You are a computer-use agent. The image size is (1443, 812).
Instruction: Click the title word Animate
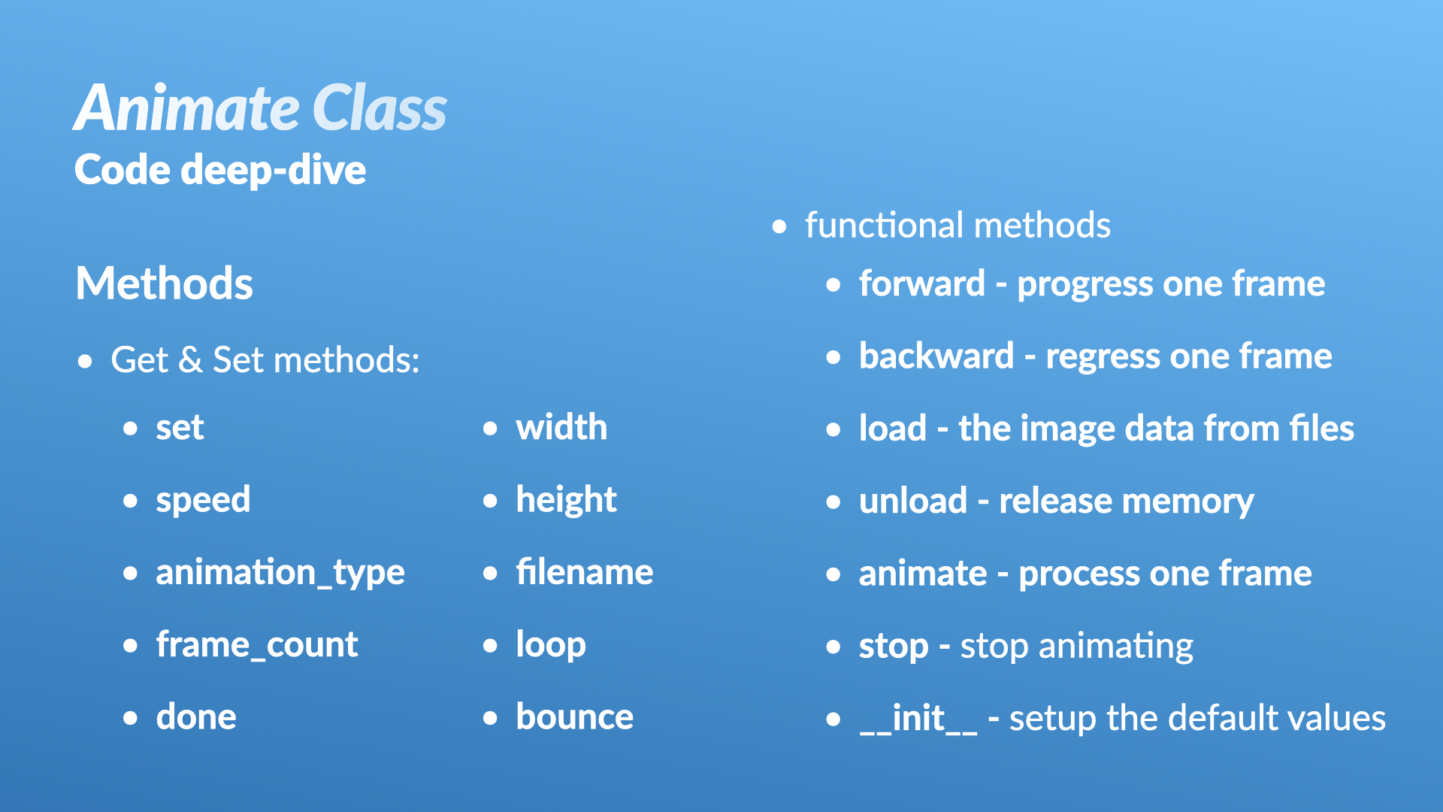pos(186,108)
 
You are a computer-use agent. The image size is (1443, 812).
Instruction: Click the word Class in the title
pos(380,108)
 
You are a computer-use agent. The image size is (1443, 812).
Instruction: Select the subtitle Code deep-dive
pos(220,171)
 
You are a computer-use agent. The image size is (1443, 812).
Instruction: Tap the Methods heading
pos(165,283)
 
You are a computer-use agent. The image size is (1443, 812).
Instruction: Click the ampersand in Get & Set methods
pos(190,359)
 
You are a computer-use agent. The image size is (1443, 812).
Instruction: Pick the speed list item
pos(203,501)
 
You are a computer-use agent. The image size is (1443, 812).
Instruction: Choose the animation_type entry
pos(280,573)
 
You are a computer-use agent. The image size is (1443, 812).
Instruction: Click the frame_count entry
pos(257,645)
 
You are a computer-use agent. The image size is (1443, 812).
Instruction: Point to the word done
pos(196,717)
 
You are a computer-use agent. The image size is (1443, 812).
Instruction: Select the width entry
pos(561,427)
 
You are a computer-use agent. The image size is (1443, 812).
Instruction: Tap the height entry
pos(566,501)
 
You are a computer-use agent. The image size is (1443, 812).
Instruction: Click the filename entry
pos(585,572)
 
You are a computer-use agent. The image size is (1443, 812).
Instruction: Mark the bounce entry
pos(575,717)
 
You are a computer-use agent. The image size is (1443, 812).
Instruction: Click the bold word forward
pos(922,283)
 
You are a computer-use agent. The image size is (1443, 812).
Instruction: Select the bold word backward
pos(936,356)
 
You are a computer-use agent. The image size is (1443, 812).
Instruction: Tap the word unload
pos(913,501)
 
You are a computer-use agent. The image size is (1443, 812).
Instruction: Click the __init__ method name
pos(918,718)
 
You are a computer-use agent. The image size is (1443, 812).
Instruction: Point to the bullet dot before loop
pos(490,645)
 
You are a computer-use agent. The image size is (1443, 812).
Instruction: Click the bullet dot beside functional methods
pos(779,226)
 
